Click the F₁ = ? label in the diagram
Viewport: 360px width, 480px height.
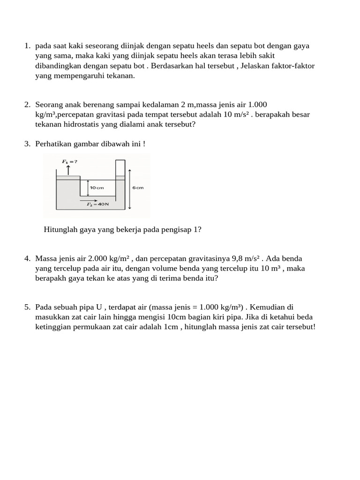click(69, 161)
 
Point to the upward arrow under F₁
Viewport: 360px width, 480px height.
click(68, 170)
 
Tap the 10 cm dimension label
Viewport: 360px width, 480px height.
click(97, 187)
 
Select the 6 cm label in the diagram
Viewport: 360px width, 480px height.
click(138, 187)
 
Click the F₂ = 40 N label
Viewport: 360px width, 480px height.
click(97, 204)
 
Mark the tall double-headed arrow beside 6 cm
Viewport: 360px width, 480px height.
click(130, 189)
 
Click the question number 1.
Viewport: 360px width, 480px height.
click(27, 46)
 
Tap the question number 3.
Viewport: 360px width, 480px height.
click(27, 144)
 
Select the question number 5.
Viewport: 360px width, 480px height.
click(27, 307)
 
